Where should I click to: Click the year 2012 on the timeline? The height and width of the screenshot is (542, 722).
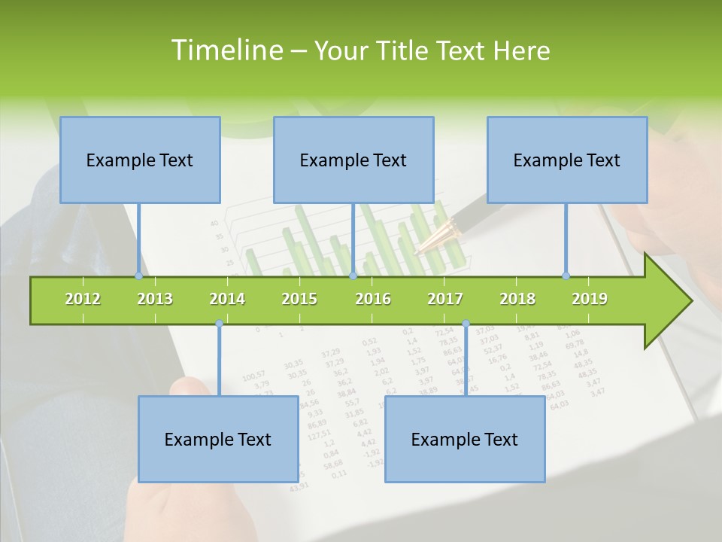pyautogui.click(x=83, y=299)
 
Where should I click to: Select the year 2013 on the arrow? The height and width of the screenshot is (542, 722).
pyautogui.click(x=155, y=299)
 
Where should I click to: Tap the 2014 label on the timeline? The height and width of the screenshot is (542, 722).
pyautogui.click(x=227, y=299)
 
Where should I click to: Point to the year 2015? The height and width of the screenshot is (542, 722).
pyautogui.click(x=299, y=299)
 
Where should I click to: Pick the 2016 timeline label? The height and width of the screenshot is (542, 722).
pyautogui.click(x=373, y=299)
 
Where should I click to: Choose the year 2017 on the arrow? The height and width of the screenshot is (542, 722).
pyautogui.click(x=445, y=299)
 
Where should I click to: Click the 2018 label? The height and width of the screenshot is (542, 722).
pyautogui.click(x=517, y=299)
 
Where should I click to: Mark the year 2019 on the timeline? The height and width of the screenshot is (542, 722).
pyautogui.click(x=590, y=299)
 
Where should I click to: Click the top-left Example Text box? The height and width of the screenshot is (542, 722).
pyautogui.click(x=140, y=160)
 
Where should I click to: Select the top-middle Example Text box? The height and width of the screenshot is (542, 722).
pyautogui.click(x=353, y=160)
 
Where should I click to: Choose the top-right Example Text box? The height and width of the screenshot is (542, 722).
pyautogui.click(x=567, y=160)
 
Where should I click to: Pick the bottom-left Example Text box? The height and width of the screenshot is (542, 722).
pyautogui.click(x=218, y=439)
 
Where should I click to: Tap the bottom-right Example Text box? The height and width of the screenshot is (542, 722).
pyautogui.click(x=465, y=439)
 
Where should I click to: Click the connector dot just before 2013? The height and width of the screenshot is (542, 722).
pyautogui.click(x=138, y=276)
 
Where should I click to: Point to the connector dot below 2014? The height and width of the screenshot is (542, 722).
pyautogui.click(x=219, y=324)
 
